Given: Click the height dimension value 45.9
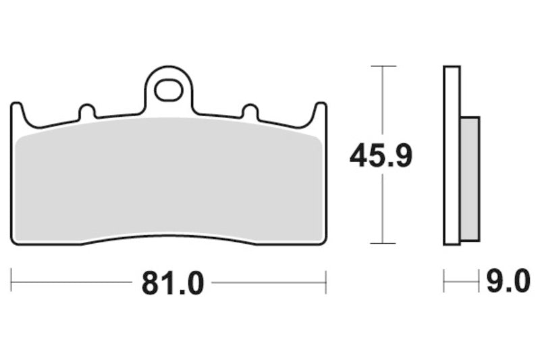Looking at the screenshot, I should tap(381, 157).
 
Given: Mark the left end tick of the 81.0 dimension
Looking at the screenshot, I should tap(11, 282).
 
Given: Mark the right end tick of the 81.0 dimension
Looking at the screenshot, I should tap(326, 282).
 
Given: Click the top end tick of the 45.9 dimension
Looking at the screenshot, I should tap(383, 66).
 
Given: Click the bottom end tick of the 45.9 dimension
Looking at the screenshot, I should tap(383, 243).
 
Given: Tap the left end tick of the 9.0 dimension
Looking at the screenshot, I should tap(443, 282).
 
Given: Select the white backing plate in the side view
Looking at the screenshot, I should tap(452, 155).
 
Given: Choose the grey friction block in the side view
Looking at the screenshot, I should tap(470, 178).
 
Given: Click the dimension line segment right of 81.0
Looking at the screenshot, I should tap(270, 282).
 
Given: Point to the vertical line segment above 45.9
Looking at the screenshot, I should tap(383, 101).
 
